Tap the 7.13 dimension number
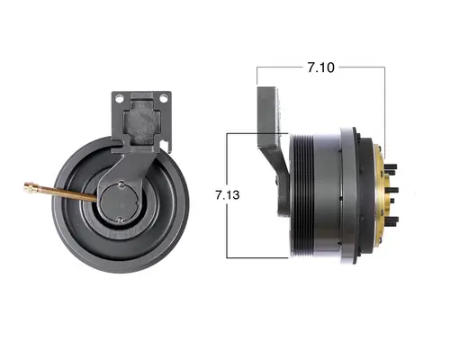coord(227,194)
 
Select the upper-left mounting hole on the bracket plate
coord(119,96)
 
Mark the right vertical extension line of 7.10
coord(387,99)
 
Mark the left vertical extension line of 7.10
coord(257,76)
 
